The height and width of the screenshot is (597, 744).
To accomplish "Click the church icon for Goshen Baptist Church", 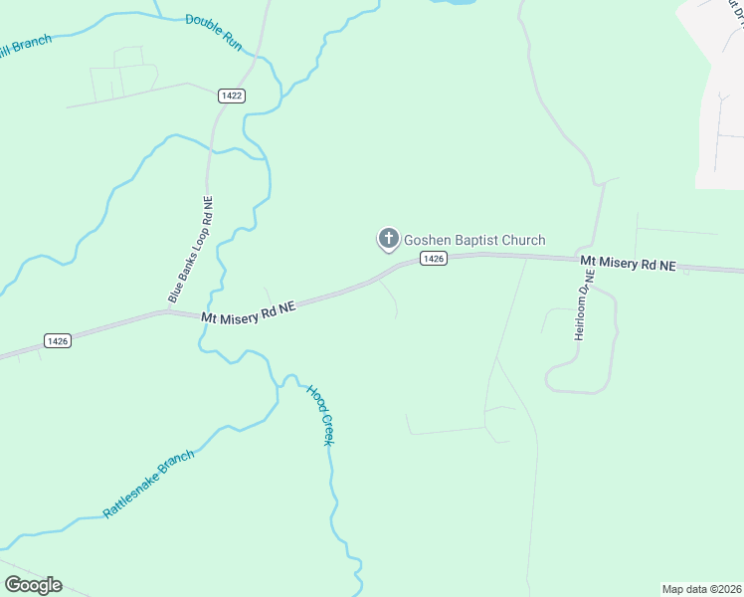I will pos(387,239).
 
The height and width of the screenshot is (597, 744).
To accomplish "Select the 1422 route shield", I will pos(232,96).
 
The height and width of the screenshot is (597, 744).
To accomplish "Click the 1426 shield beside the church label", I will pos(433,259).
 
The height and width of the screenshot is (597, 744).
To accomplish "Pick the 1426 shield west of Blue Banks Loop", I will pos(58,340).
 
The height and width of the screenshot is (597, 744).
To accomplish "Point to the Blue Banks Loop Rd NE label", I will pos(190,250).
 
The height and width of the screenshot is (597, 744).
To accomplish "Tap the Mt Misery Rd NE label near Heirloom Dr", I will pos(629,264).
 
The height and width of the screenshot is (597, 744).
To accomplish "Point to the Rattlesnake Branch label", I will pos(148,485).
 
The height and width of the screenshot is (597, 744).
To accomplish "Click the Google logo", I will pos(33,585).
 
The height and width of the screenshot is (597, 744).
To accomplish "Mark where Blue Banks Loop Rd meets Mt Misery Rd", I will pos(169,311).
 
